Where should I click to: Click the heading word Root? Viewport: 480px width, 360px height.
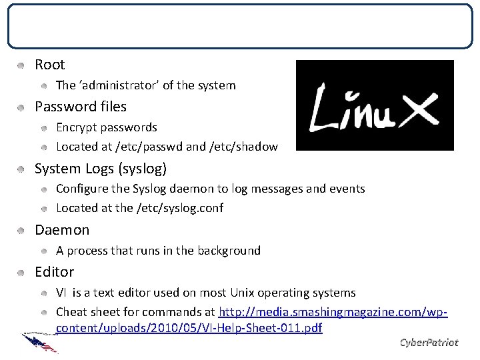pyautogui.click(x=49, y=65)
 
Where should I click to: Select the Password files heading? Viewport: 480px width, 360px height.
pyautogui.click(x=80, y=107)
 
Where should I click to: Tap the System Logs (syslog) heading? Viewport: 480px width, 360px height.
pyautogui.click(x=101, y=169)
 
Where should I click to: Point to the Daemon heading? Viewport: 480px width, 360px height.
pyautogui.click(x=61, y=230)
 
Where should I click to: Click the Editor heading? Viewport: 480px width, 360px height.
pyautogui.click(x=54, y=272)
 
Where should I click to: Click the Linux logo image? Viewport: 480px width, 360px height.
pyautogui.click(x=374, y=105)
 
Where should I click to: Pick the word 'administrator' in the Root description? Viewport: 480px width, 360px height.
pyautogui.click(x=113, y=85)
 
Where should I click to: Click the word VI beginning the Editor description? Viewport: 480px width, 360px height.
pyautogui.click(x=61, y=293)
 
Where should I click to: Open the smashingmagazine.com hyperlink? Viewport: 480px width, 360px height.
pyautogui.click(x=333, y=312)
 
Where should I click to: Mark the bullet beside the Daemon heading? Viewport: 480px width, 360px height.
pyautogui.click(x=22, y=231)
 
